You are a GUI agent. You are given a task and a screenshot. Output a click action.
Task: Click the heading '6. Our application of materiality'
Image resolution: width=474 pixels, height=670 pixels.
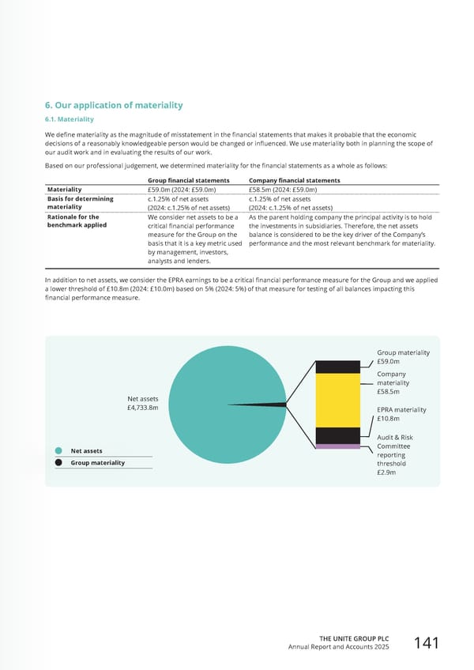114,105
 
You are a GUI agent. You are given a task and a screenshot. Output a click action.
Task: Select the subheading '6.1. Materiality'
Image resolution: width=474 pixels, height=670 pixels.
70,119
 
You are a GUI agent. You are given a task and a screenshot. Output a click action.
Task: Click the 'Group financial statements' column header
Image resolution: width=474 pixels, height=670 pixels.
189,180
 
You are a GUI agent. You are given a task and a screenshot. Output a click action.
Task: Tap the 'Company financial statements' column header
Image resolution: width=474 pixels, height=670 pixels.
294,180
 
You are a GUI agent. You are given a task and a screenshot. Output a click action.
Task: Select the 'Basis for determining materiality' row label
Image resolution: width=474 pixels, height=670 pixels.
81,203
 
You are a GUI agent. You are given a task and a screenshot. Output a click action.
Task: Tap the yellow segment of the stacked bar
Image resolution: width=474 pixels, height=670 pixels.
337,399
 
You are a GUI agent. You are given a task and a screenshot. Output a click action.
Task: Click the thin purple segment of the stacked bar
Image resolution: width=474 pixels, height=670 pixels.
337,446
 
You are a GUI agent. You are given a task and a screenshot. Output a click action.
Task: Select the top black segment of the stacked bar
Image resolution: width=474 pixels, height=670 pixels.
337,367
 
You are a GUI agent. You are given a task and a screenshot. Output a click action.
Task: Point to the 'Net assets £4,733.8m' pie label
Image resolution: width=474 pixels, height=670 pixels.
142,403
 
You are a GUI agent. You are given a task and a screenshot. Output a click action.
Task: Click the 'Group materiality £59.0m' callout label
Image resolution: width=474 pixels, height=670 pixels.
403,357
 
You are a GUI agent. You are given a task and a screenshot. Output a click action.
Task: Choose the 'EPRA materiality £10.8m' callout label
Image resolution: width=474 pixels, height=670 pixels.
401,414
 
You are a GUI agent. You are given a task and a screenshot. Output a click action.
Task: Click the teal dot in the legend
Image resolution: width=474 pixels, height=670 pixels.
58,451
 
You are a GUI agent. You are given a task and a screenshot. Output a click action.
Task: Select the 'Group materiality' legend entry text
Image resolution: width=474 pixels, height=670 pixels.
97,462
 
